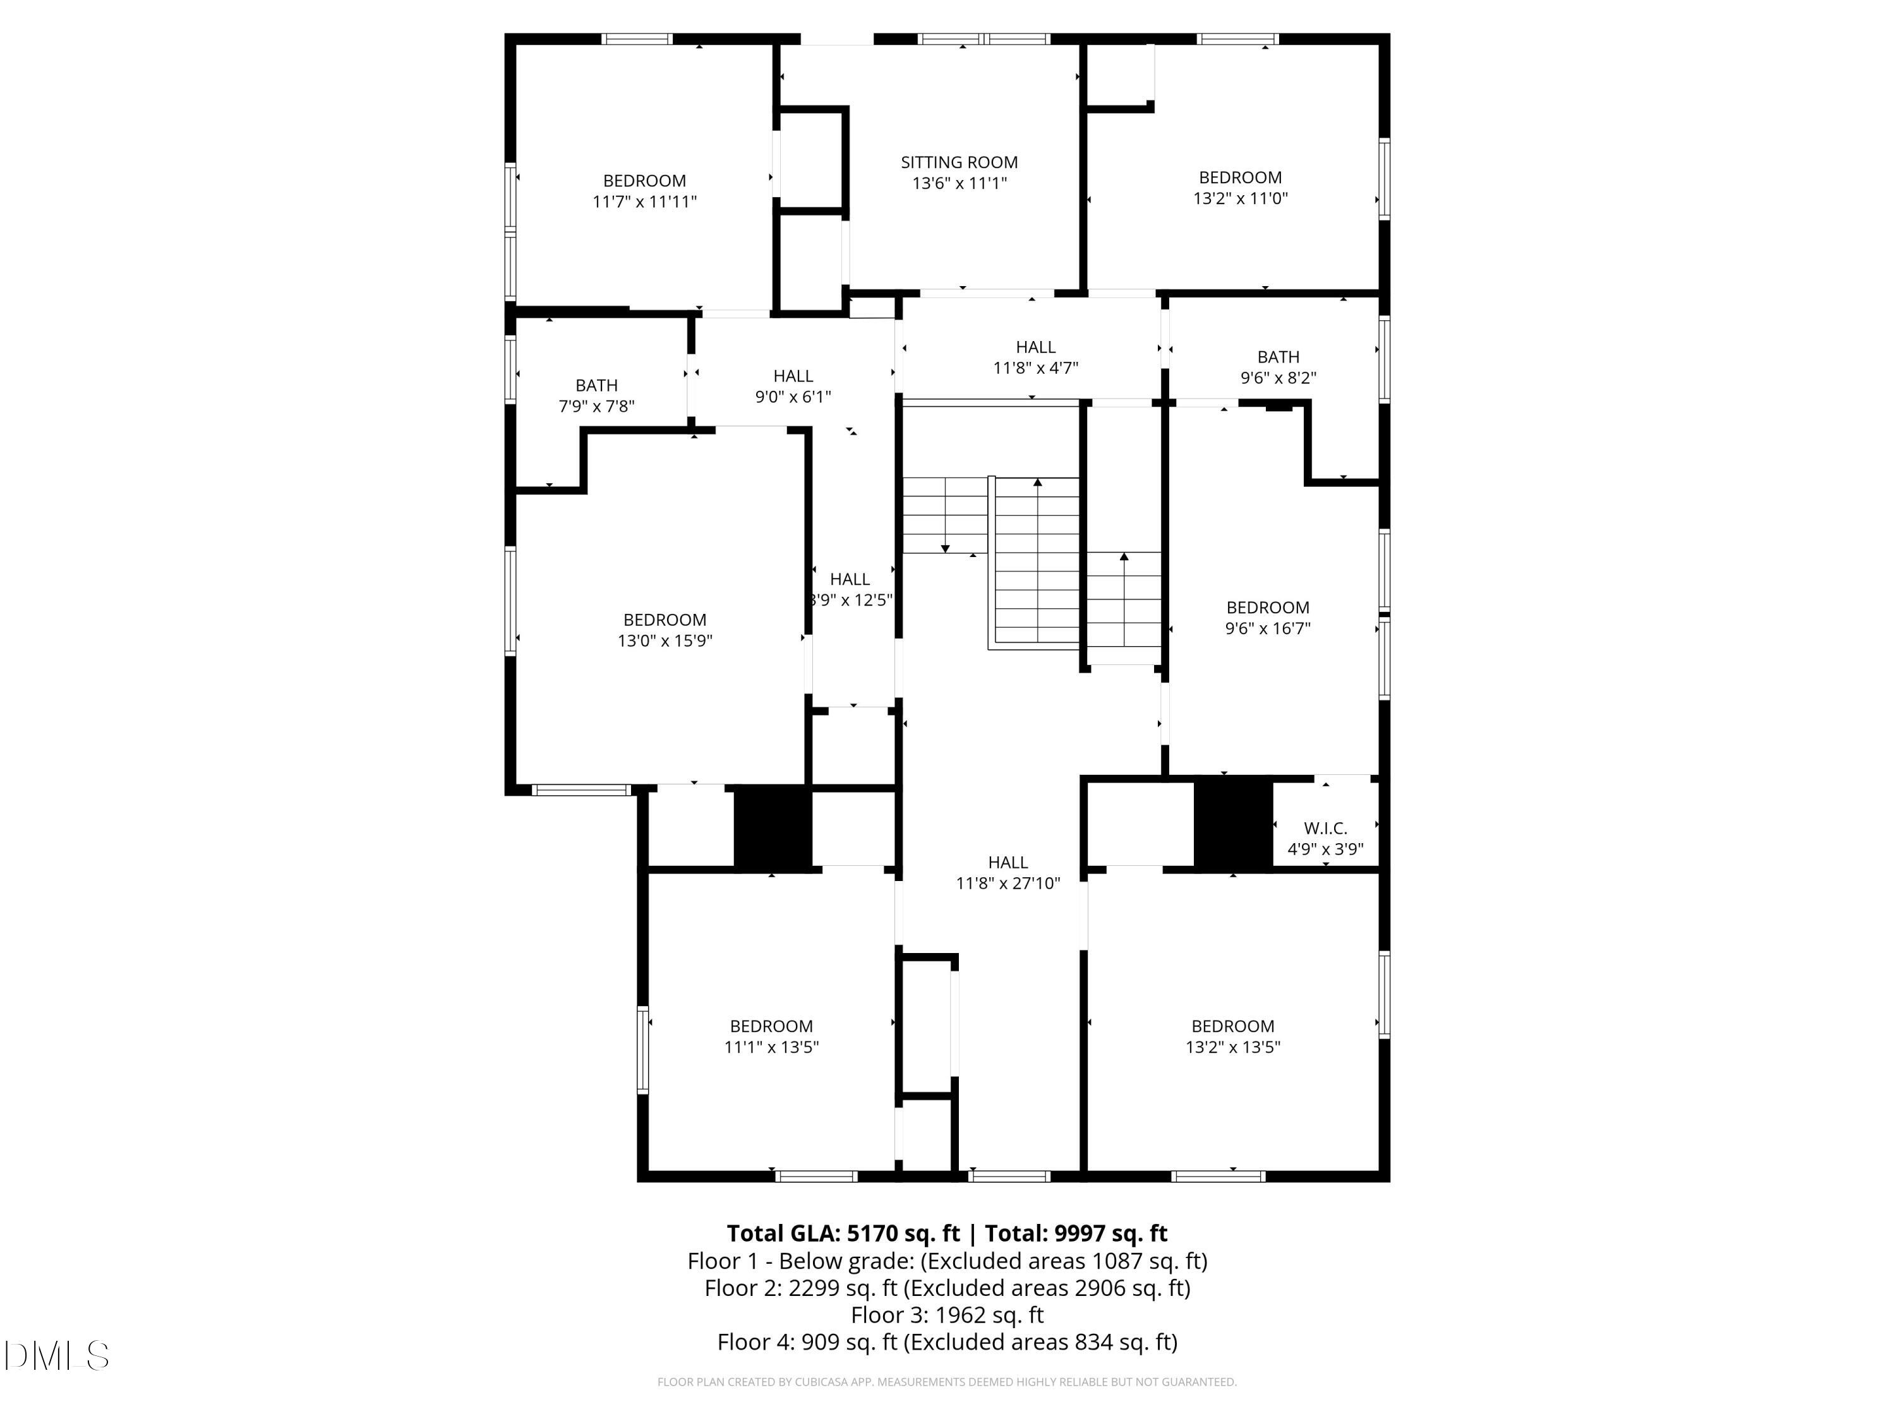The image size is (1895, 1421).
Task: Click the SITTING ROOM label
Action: click(x=959, y=162)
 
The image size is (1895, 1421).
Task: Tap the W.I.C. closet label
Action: click(x=1325, y=828)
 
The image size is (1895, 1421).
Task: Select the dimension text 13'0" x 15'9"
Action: click(x=665, y=640)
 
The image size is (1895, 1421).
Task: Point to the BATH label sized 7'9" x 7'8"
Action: click(x=596, y=385)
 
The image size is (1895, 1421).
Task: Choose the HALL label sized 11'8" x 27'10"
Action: click(x=1008, y=863)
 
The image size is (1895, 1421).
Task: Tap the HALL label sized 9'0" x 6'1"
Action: click(x=793, y=376)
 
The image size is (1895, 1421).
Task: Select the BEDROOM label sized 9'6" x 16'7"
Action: click(x=1267, y=608)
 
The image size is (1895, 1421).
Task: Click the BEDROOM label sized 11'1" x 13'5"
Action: click(x=771, y=1026)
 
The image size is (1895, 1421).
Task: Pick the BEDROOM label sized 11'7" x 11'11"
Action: click(x=644, y=181)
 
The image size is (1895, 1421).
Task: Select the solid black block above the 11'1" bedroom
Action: click(x=772, y=828)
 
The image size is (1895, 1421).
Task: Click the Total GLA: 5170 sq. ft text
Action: click(x=843, y=1233)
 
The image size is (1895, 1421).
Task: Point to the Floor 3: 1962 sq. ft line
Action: click(x=947, y=1315)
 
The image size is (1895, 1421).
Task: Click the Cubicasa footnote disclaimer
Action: click(x=947, y=1382)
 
